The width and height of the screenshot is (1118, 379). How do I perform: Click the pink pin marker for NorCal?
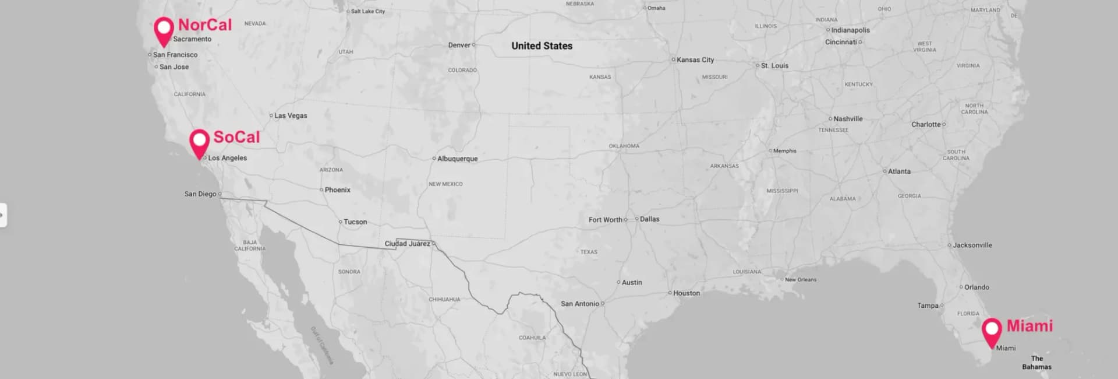pos(164,30)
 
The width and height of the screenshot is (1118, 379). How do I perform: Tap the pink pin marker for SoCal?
pos(200,142)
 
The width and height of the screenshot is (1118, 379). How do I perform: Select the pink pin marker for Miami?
pos(992,331)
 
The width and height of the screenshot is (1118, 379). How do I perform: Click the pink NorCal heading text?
pos(205,25)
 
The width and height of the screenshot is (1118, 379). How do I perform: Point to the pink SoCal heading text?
pos(236,137)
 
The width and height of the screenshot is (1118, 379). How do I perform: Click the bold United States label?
pos(542,46)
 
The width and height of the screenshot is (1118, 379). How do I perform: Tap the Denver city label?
pos(459,45)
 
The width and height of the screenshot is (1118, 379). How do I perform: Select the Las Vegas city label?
pos(291,115)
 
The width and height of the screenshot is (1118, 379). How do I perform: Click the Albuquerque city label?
pos(457,159)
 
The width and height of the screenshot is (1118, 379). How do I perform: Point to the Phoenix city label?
pos(338,190)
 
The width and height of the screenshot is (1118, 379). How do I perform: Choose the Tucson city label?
pos(355,222)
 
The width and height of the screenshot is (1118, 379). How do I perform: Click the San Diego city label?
pos(200,194)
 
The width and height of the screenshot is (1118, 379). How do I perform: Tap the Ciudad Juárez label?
pos(407,244)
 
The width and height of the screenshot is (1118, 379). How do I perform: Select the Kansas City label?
pos(695,60)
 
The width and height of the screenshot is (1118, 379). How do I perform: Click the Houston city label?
pos(687,293)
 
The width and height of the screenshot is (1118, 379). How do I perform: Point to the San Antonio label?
pos(580,304)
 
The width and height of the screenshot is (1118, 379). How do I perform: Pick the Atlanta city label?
pos(899,171)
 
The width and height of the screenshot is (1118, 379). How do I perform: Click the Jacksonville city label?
pos(972,245)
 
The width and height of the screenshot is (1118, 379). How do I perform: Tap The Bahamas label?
pos(1037,363)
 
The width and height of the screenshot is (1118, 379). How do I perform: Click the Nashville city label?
pos(848,119)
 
